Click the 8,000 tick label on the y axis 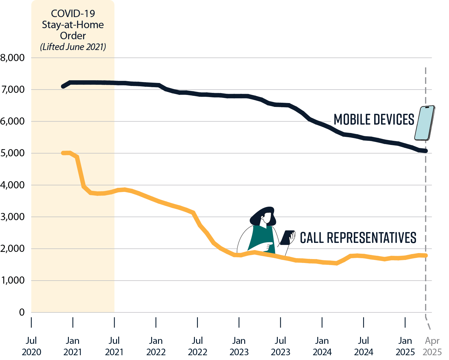pos(13,58)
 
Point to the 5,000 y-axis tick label pos(13,153)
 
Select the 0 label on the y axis pos(22,312)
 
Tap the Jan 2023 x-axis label pos(239,346)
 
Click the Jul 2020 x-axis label pos(31,346)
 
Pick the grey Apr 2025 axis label pos(432,346)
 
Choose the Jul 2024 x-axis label pos(363,346)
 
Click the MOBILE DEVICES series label pos(374,120)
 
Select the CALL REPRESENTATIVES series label pos(358,238)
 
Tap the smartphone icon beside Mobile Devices pos(425,123)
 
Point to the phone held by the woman pos(287,238)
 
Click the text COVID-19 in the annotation pos(73,13)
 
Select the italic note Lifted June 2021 pos(73,47)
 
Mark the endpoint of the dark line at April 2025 pos(425,151)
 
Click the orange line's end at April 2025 pos(425,255)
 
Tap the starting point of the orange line pos(63,153)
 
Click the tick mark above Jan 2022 pos(156,323)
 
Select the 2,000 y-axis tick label pos(13,249)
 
